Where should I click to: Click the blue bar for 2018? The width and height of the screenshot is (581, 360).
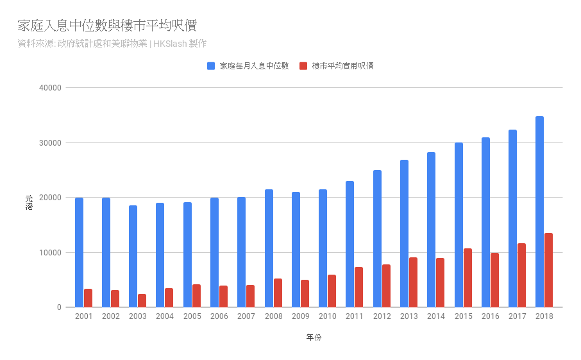540,212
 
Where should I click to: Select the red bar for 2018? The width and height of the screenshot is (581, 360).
549,270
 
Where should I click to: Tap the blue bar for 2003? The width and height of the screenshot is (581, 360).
133,256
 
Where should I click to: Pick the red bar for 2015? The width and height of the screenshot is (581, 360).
467,278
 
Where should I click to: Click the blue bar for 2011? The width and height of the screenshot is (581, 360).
350,244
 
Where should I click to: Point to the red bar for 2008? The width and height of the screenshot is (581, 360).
278,293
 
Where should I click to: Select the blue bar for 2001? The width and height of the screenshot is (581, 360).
79,252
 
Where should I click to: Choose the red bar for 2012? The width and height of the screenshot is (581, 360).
386,286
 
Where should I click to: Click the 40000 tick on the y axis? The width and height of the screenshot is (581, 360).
50,88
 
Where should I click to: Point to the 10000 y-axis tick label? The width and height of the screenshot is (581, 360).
50,253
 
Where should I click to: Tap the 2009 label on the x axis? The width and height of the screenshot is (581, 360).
300,316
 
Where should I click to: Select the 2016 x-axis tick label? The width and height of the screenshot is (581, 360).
490,316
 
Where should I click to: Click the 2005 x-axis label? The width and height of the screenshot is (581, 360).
192,316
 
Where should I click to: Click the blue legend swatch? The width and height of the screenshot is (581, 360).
211,65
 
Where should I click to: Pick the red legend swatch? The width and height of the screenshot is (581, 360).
303,65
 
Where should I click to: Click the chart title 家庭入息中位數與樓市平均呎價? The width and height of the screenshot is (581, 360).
107,26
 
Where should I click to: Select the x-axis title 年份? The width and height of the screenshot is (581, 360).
314,338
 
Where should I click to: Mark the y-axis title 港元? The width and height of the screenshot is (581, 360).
28,202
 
